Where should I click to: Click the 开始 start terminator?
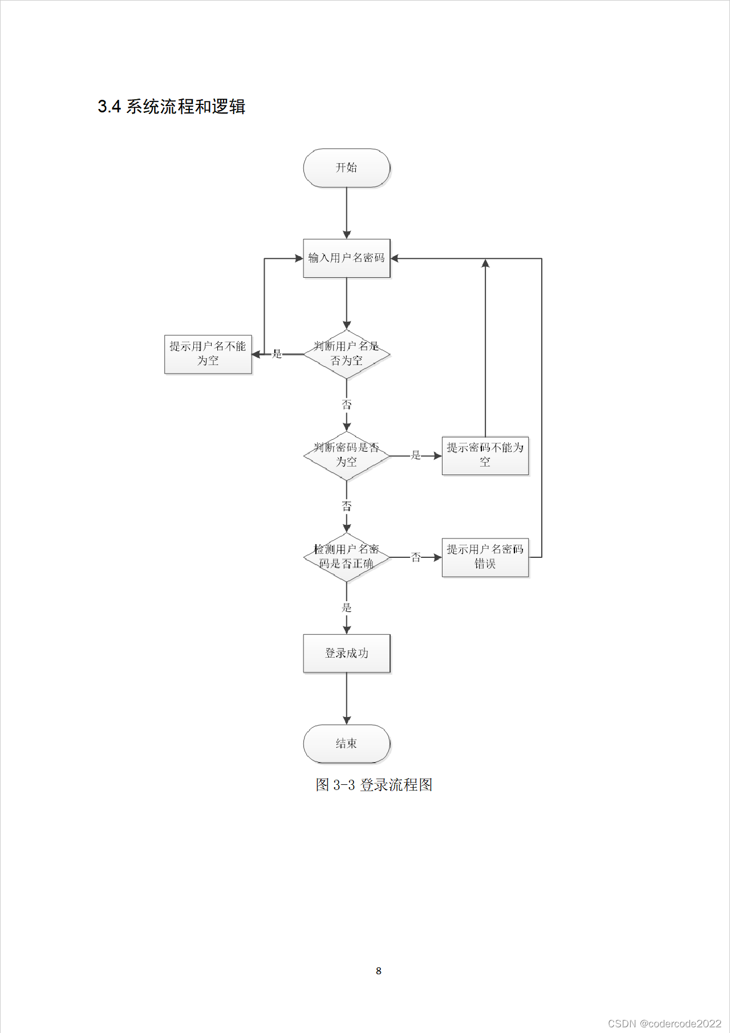(346, 168)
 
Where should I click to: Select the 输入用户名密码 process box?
(346, 258)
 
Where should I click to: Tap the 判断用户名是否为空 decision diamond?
(346, 354)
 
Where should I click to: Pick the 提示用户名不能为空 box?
(208, 354)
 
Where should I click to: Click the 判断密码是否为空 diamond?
(346, 455)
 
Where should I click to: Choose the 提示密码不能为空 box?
(485, 455)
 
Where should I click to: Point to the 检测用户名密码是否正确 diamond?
(346, 557)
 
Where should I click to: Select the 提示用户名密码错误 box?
(485, 557)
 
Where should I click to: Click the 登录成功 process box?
(346, 653)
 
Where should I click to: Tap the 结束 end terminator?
(346, 743)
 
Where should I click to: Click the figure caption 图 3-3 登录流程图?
(374, 785)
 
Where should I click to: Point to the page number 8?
(379, 971)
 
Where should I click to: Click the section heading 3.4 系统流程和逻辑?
(171, 107)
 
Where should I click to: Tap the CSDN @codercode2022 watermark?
(664, 1023)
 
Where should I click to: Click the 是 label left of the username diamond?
(277, 354)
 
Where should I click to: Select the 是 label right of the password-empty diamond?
(416, 455)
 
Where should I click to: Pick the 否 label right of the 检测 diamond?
(416, 557)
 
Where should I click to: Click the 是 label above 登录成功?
(346, 607)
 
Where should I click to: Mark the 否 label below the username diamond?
(346, 405)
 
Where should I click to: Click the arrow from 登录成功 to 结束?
(346, 699)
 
